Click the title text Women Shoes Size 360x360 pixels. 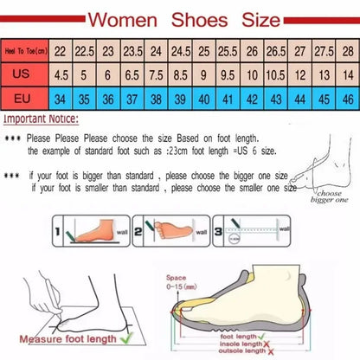point(179,17)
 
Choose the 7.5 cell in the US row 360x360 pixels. point(157,74)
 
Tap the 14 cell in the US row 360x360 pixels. point(347,74)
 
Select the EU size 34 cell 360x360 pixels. point(61,98)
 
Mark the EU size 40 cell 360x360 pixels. point(204,98)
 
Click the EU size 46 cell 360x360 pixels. point(347,98)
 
